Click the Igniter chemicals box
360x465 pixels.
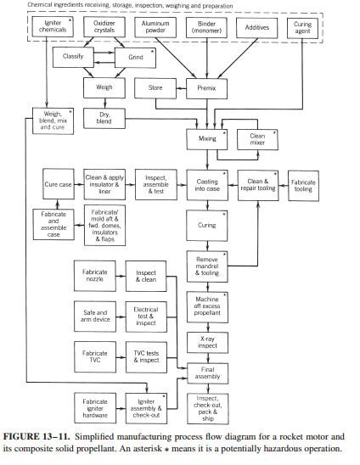tap(53, 26)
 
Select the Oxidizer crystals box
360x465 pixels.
tap(104, 26)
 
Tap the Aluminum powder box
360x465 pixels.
tap(155, 27)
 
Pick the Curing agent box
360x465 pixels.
tap(302, 28)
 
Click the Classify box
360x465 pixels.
tap(73, 57)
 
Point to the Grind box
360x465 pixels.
tap(135, 58)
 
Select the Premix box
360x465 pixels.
tap(206, 88)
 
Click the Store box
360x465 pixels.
tap(155, 88)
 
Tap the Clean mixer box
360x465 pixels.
tap(257, 139)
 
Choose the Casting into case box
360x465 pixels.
tap(207, 185)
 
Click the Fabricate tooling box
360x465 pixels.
tap(303, 186)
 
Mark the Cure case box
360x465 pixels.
tap(59, 184)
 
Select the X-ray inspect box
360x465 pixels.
tap(207, 343)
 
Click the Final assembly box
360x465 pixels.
tap(207, 373)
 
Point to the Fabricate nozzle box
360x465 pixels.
tap(95, 276)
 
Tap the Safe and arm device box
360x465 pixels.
tap(95, 317)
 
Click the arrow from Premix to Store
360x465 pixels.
tap(181, 88)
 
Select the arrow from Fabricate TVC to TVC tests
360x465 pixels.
tap(121, 357)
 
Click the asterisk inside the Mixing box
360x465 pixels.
tap(224, 133)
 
